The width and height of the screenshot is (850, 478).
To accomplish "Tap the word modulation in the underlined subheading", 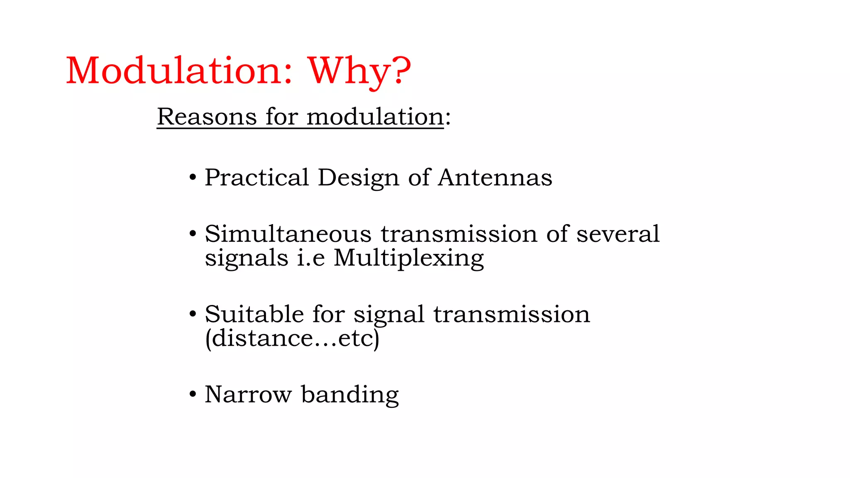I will (375, 117).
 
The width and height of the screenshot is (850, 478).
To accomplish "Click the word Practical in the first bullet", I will (256, 178).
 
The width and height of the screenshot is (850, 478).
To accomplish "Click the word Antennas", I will (495, 178).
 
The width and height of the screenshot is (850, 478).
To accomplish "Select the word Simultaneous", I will (288, 234).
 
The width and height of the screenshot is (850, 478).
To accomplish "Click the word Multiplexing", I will (409, 258).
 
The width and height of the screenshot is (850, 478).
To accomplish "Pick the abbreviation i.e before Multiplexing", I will (310, 258).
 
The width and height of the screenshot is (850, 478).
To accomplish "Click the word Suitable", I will (254, 314).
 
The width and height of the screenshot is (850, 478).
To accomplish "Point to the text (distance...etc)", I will (292, 339).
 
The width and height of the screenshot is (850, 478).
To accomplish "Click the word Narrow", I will (248, 394).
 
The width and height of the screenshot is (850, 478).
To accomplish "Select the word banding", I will (350, 395).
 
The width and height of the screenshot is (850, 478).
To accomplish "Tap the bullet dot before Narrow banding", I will (192, 394).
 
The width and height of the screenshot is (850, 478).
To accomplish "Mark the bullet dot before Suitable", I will (192, 314).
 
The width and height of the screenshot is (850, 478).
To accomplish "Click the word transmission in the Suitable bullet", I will (511, 314).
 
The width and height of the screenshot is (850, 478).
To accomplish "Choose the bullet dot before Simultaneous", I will (192, 234).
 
